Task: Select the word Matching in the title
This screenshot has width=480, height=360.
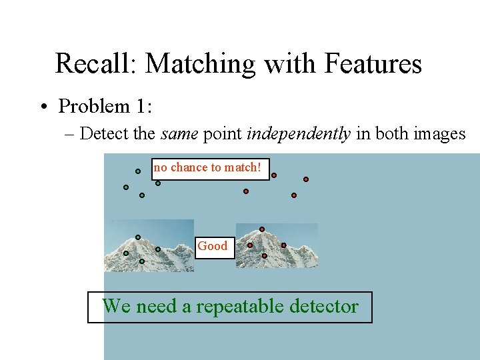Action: pyautogui.click(x=200, y=64)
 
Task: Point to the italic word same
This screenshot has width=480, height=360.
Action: pyautogui.click(x=179, y=133)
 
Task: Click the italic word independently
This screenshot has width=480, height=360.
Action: pyautogui.click(x=299, y=133)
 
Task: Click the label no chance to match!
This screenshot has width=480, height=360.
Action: pyautogui.click(x=207, y=168)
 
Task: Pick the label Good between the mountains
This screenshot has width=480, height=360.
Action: pyautogui.click(x=213, y=246)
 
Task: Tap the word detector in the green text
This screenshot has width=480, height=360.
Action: pyautogui.click(x=327, y=307)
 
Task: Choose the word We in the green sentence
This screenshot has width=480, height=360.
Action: pyautogui.click(x=115, y=307)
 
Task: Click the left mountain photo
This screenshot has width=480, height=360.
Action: pyautogui.click(x=150, y=246)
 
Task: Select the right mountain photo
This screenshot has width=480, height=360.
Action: pyautogui.click(x=277, y=247)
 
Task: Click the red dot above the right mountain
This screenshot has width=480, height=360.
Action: pyautogui.click(x=262, y=229)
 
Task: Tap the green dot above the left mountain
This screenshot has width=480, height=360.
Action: pyautogui.click(x=138, y=237)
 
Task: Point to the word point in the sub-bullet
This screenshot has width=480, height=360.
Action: pyautogui.click(x=222, y=134)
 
